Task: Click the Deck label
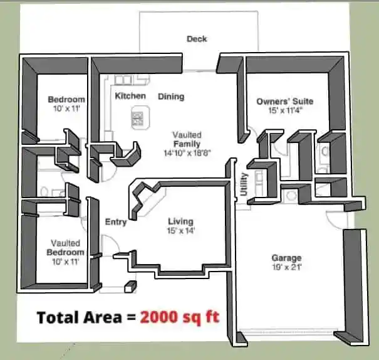(197, 39)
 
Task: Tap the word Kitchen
(130, 96)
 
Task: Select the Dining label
(171, 97)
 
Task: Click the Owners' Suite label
(285, 101)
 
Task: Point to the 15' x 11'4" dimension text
(286, 110)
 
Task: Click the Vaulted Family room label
(187, 139)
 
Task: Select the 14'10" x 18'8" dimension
(187, 153)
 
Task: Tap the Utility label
(244, 184)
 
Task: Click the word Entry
(116, 222)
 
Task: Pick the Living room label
(180, 221)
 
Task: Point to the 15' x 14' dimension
(181, 231)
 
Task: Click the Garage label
(286, 258)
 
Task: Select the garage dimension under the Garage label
(287, 267)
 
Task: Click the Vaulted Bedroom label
(65, 248)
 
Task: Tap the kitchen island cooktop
(137, 118)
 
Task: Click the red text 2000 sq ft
(180, 317)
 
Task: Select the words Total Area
(80, 317)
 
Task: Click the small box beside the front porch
(130, 287)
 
